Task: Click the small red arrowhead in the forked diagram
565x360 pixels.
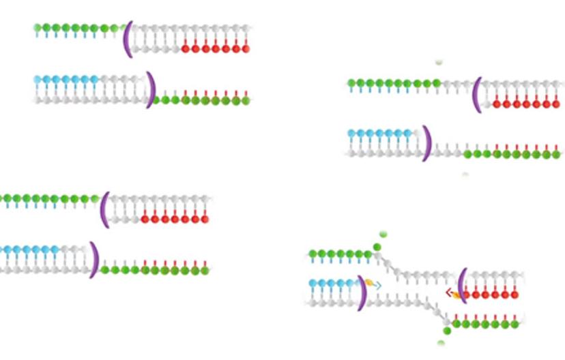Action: pos(449,293)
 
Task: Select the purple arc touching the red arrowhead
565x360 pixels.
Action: pos(463,285)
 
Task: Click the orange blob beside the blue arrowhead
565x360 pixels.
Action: pos(369,282)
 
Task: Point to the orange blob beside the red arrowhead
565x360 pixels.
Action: pos(457,295)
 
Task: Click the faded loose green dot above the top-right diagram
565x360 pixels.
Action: pos(439,62)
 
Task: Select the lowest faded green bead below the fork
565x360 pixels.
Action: pos(441,343)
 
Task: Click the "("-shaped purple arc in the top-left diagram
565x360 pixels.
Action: pos(127,39)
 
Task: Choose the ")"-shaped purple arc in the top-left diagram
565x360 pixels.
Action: pos(151,89)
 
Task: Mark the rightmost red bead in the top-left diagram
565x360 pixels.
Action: pos(246,48)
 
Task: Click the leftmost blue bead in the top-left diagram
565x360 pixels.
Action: pos(38,80)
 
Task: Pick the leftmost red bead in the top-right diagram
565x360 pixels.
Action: pos(496,104)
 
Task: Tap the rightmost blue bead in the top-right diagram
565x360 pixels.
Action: pos(408,134)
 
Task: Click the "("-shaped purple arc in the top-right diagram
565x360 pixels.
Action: pos(477,94)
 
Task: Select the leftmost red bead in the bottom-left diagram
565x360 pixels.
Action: pos(145,219)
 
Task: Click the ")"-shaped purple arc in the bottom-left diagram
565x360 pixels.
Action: pos(93,260)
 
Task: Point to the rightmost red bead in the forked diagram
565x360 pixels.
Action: pos(515,295)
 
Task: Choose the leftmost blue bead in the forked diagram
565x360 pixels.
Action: pos(313,283)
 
